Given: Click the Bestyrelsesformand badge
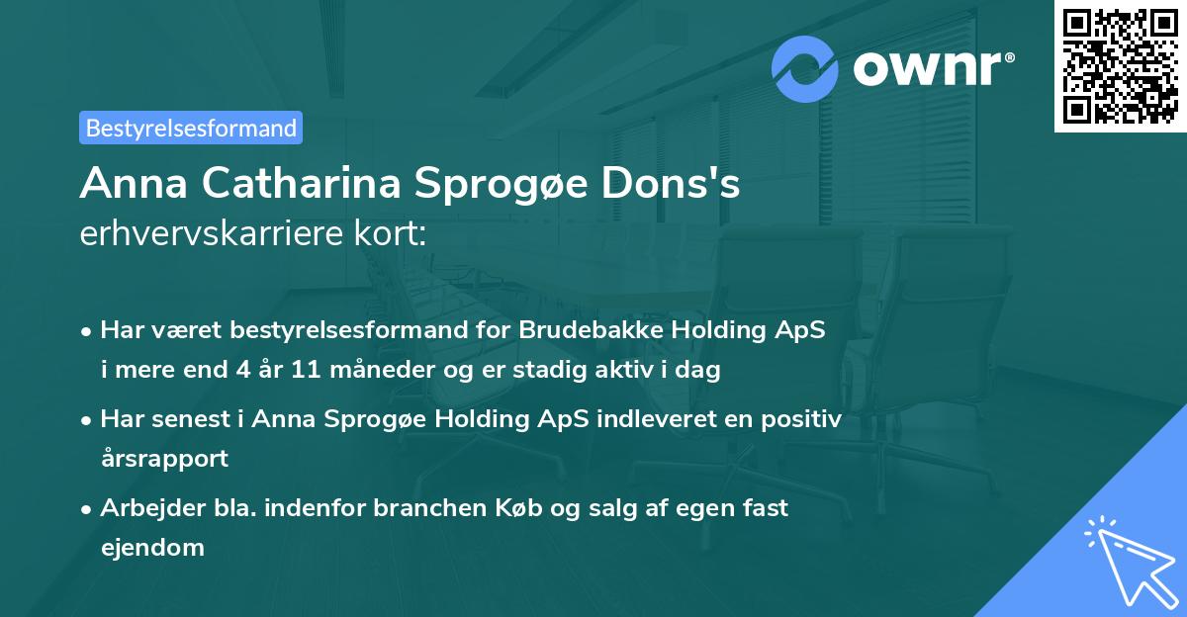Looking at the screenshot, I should [x=191, y=128].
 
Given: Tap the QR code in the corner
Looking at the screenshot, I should [x=1121, y=66].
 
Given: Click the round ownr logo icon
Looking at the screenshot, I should [x=805, y=68].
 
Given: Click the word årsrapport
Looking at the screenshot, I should [x=164, y=458].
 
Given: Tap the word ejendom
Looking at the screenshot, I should [x=152, y=547].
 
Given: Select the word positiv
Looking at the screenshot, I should [x=802, y=419].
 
